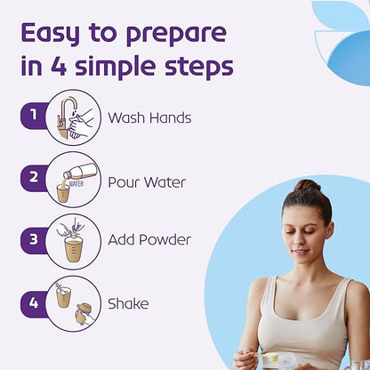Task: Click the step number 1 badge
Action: pos(33,116)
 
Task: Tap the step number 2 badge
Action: pos(33,178)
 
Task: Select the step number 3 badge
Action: pos(33,240)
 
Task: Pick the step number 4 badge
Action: pos(33,303)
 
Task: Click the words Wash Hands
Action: pos(149,117)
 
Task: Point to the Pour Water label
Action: pos(147,182)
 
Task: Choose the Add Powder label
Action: pos(149,239)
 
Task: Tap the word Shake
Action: pos(128,303)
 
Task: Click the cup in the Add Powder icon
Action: pos(73,251)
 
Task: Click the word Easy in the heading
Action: pos(51,33)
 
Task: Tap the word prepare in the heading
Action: pos(176,35)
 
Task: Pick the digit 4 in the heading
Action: pos(59,65)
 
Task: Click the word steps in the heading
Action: pos(199,67)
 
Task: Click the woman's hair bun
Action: pos(307,186)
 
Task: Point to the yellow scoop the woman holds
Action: pos(266,357)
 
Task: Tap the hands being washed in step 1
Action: pos(81,124)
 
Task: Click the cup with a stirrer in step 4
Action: pos(63,295)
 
